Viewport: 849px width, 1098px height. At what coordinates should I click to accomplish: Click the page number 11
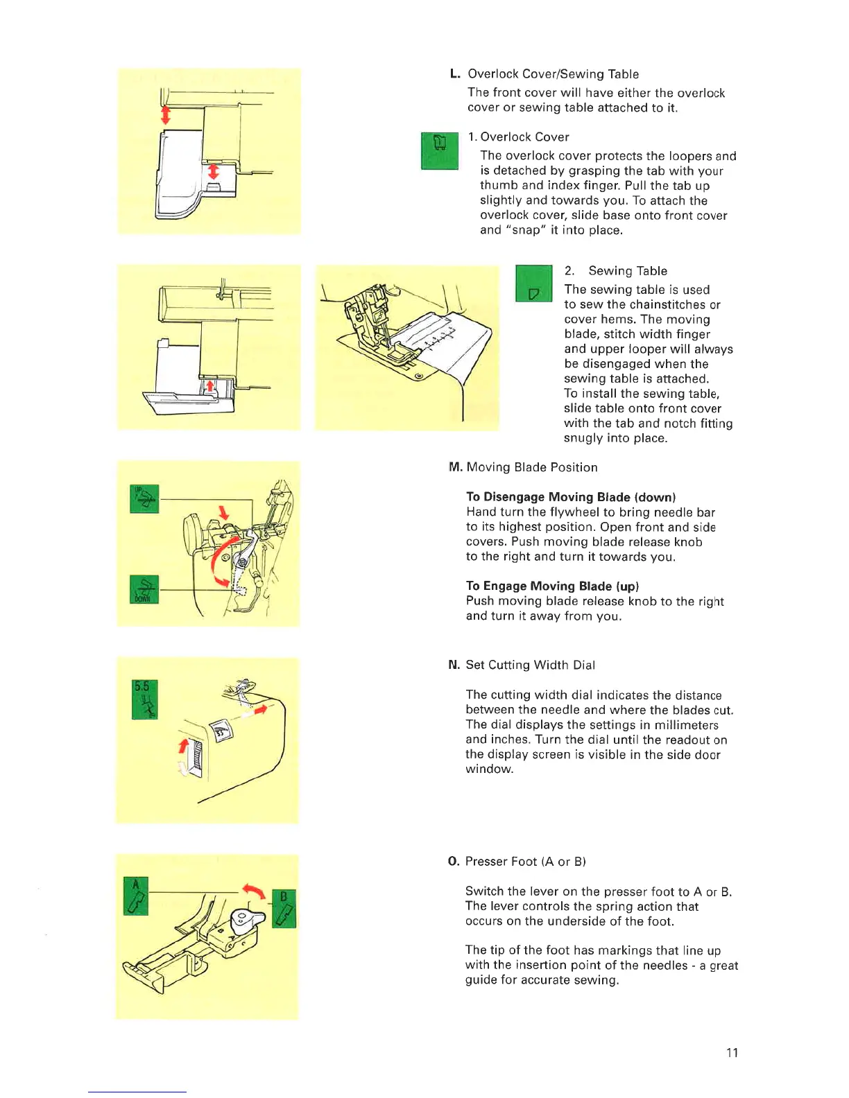pyautogui.click(x=732, y=1052)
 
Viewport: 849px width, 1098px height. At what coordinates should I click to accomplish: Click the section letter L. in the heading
pyautogui.click(x=455, y=74)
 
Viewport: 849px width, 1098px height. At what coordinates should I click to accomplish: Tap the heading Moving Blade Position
pyautogui.click(x=532, y=467)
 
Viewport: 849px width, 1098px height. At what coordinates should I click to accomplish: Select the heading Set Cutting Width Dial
pyautogui.click(x=531, y=665)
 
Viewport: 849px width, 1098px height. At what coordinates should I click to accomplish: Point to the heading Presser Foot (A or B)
pyautogui.click(x=526, y=862)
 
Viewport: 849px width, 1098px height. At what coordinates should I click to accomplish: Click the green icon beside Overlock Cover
pyautogui.click(x=440, y=150)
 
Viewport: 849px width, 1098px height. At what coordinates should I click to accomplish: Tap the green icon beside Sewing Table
pyautogui.click(x=533, y=284)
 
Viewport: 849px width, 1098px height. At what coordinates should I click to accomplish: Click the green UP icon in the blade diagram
pyautogui.click(x=144, y=498)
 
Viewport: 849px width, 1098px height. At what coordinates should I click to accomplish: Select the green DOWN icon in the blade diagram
pyautogui.click(x=144, y=589)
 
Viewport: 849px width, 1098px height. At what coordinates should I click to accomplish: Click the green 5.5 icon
pyautogui.click(x=145, y=699)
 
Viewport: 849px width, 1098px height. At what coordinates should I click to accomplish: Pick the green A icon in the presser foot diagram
pyautogui.click(x=136, y=896)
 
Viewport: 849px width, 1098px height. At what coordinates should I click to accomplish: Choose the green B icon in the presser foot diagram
pyautogui.click(x=284, y=908)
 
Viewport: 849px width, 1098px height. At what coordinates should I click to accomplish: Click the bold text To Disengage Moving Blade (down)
pyautogui.click(x=571, y=497)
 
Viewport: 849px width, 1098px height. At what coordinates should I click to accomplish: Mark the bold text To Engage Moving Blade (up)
pyautogui.click(x=552, y=586)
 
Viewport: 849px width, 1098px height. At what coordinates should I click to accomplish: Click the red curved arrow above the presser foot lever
pyautogui.click(x=253, y=891)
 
